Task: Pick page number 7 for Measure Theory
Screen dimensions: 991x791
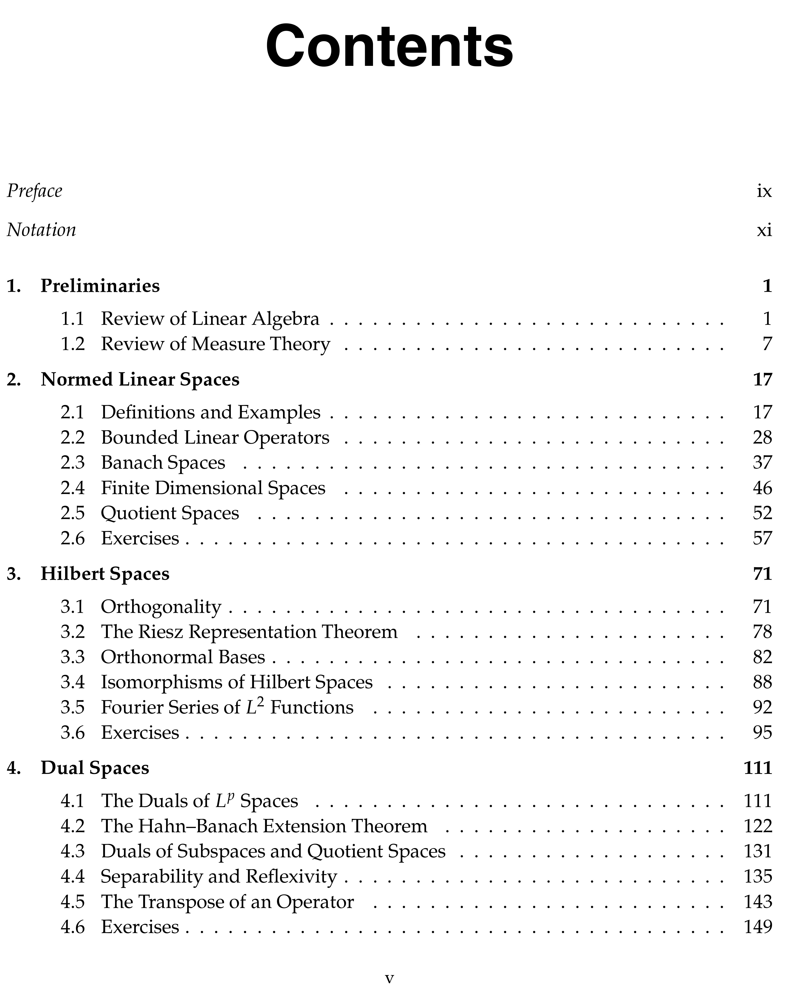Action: click(767, 344)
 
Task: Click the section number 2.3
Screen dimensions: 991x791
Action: click(73, 462)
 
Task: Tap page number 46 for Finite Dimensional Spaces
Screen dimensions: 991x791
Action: click(762, 488)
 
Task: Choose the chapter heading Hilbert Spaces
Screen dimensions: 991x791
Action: click(105, 574)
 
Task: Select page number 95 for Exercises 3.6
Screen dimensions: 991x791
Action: click(762, 732)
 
